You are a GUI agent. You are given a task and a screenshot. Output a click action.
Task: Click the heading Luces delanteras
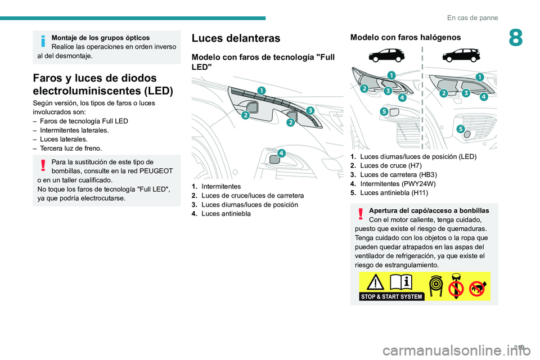point(236,38)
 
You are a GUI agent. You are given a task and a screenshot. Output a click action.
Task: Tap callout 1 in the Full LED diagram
point(261,91)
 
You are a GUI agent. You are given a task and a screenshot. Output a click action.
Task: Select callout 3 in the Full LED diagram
point(310,111)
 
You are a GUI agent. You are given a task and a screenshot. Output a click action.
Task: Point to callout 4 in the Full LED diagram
point(281,153)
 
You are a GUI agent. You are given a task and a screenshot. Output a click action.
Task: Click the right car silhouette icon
point(461,56)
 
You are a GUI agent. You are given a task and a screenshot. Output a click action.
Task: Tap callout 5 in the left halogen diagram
point(384,112)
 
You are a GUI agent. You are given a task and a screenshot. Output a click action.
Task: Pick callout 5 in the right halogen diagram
point(460,129)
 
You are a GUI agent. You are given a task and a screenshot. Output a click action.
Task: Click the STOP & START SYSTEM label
point(391,296)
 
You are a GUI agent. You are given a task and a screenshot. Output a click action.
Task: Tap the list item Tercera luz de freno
point(71,148)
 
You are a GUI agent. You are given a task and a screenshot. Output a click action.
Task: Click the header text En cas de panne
point(472,17)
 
